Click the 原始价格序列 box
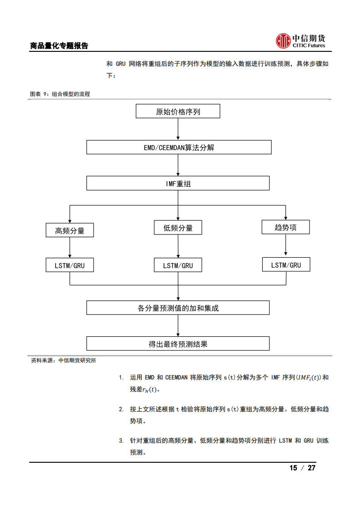178,111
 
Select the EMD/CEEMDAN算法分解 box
179,147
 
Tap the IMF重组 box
178,183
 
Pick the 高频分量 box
70,230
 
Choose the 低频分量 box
178,228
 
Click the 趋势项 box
285,227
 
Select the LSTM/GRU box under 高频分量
70,265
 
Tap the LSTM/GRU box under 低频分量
178,265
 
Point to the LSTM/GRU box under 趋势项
286,265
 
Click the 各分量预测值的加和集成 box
178,308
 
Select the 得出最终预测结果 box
178,344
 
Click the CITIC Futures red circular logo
283,40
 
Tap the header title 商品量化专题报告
59,45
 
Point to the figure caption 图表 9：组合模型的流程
60,94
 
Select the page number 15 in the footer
293,468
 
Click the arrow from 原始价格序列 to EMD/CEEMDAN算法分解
178,129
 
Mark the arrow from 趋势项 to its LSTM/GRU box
285,245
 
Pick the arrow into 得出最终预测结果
178,325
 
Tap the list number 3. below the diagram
121,440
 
